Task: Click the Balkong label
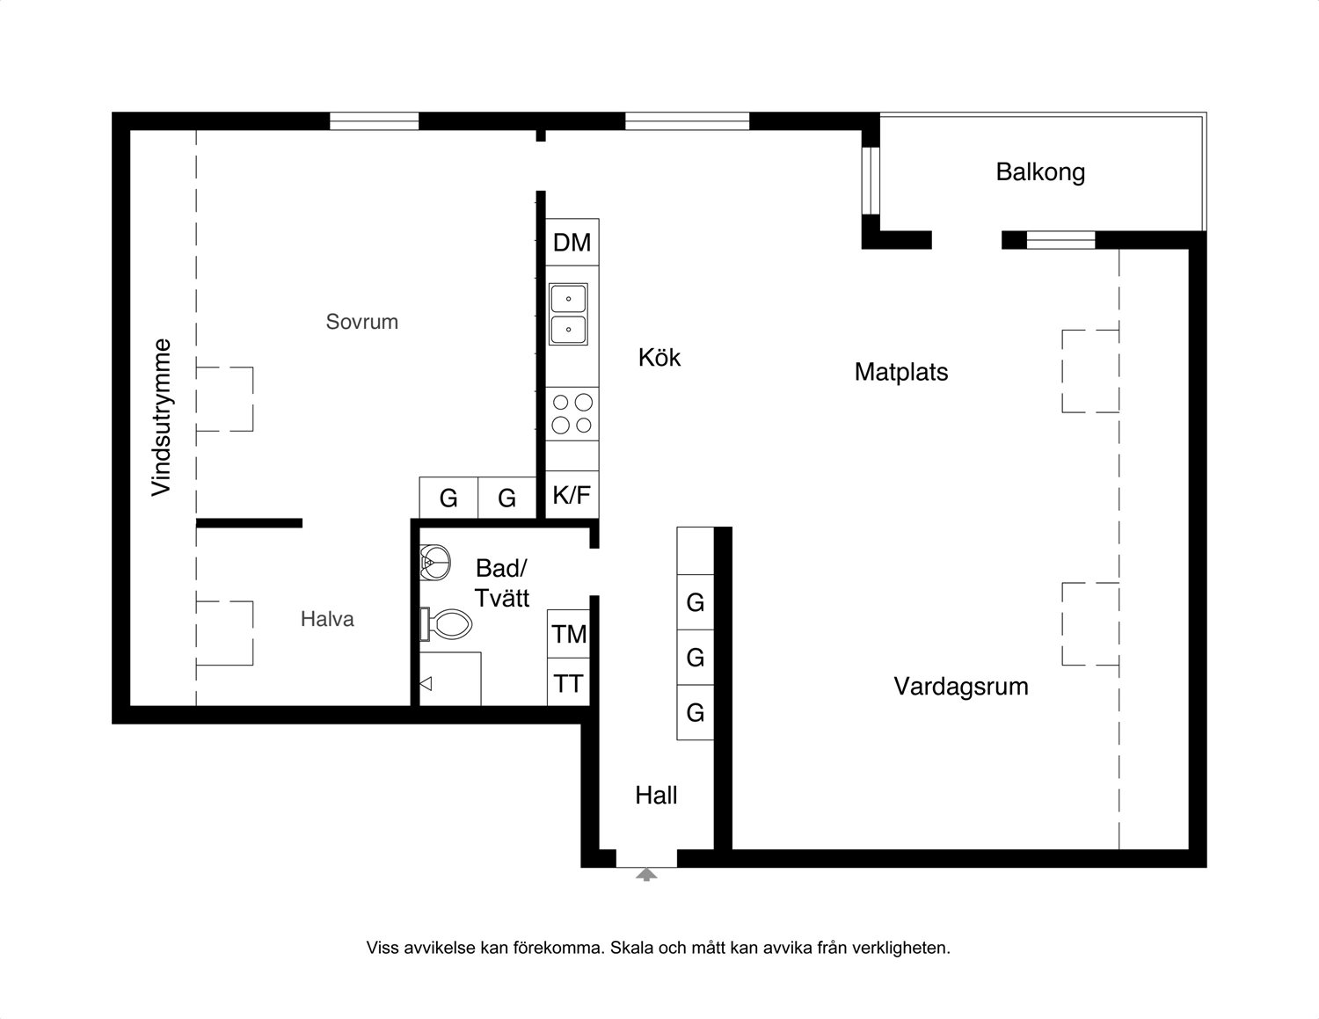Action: [x=1040, y=172]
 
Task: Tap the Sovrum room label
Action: [x=361, y=322]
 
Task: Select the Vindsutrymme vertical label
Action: [x=162, y=418]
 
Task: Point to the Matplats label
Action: [x=900, y=372]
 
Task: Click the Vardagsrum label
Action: [x=961, y=687]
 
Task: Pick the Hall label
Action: [x=656, y=795]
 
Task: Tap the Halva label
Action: [x=327, y=619]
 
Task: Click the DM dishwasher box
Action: [x=572, y=242]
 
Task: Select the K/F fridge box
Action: [x=572, y=495]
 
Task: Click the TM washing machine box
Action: [x=569, y=634]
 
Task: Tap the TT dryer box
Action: [x=569, y=683]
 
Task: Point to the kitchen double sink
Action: [x=568, y=314]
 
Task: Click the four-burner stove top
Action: [x=572, y=414]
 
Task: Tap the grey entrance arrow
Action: [x=646, y=874]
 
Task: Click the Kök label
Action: [x=659, y=358]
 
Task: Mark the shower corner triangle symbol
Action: [x=426, y=684]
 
